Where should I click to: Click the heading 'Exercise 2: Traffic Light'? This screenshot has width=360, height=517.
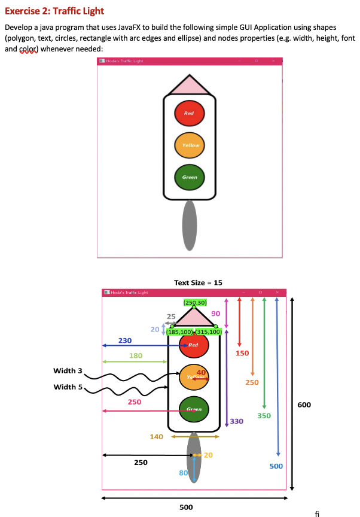click(54, 11)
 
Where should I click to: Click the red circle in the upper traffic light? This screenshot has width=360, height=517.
click(190, 113)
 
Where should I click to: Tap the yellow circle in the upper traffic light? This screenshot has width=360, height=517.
click(190, 145)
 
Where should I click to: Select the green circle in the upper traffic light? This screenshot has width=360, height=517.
click(190, 177)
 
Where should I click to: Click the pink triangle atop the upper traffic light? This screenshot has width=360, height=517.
click(190, 86)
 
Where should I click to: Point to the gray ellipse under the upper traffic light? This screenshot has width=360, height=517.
click(190, 225)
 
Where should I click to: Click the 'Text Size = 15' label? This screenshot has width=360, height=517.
click(198, 282)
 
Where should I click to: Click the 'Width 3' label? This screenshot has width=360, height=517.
click(68, 371)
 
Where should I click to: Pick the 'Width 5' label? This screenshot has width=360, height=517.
click(68, 387)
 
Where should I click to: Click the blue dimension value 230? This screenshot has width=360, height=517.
click(125, 340)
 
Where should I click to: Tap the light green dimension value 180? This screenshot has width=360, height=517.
click(136, 355)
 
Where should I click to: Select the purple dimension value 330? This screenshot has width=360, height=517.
click(237, 421)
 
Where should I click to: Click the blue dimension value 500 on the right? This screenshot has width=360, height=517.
click(276, 466)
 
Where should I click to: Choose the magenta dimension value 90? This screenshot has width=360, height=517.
click(216, 314)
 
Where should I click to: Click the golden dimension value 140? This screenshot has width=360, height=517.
click(156, 437)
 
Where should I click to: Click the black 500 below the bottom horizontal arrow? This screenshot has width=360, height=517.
click(186, 507)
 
